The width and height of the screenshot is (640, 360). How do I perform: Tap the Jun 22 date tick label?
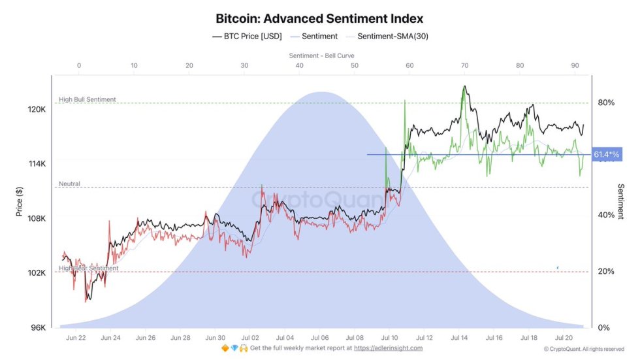(76, 338)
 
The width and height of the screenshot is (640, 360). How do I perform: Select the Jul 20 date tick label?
(564, 338)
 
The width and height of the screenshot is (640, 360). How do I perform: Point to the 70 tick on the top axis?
(464, 65)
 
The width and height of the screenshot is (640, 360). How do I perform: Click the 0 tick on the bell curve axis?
(79, 65)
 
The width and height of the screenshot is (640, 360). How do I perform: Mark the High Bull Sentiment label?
(87, 100)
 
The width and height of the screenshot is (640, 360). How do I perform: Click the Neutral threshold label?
(69, 184)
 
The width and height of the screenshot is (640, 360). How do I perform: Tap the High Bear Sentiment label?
(88, 269)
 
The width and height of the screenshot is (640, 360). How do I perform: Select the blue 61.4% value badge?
(606, 155)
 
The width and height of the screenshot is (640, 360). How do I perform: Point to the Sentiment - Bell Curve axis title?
(319, 56)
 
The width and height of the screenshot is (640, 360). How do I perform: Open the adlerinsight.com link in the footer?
(388, 348)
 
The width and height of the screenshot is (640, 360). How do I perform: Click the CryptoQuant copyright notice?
(583, 349)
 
